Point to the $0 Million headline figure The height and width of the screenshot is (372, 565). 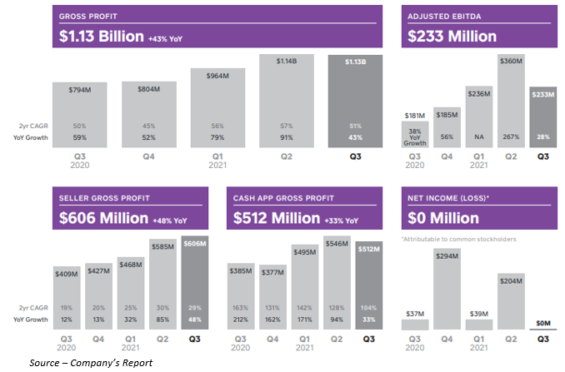(443, 218)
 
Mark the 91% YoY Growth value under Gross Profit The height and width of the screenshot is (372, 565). (291, 136)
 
